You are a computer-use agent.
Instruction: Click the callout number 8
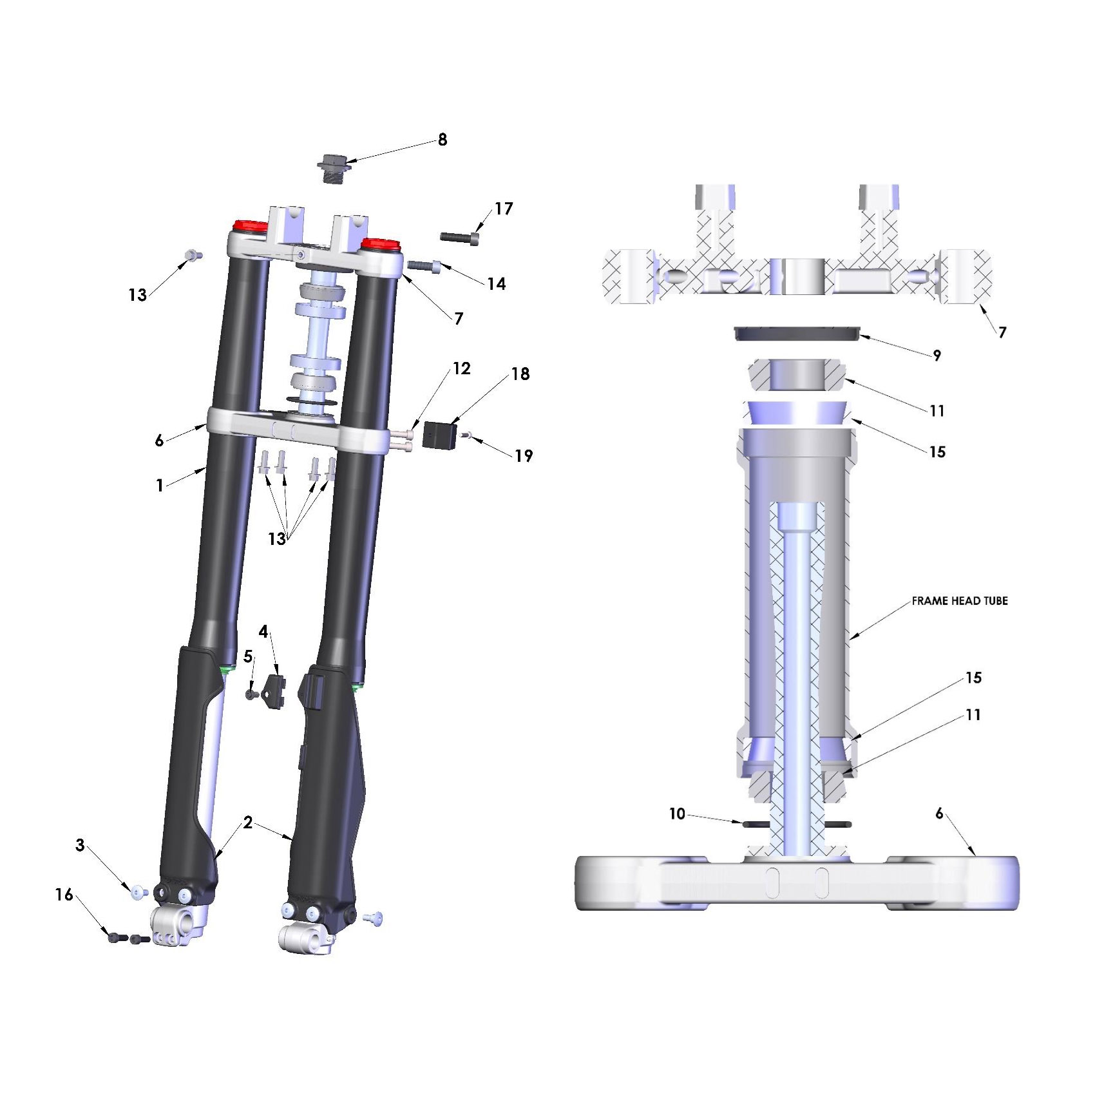tap(443, 140)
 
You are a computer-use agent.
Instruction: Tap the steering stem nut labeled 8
tap(334, 168)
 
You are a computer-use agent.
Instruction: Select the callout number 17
tap(504, 209)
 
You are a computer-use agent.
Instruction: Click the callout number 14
tap(496, 284)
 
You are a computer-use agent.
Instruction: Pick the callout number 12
tap(462, 368)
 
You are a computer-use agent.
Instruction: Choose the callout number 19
tap(524, 456)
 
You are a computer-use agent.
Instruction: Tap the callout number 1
tap(160, 485)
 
